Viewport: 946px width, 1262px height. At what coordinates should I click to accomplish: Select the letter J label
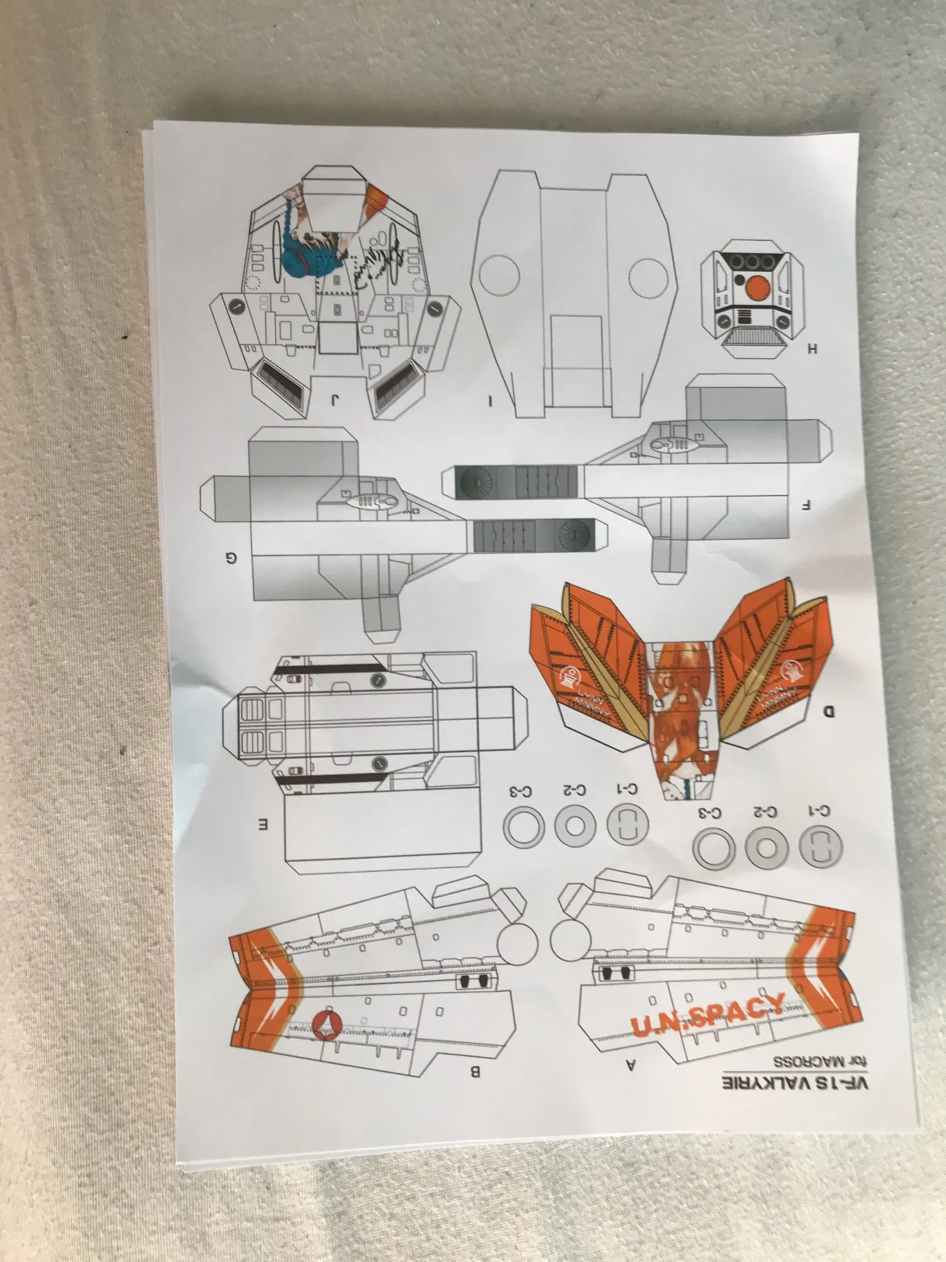[335, 399]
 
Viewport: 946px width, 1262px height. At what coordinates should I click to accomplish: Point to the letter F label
[805, 505]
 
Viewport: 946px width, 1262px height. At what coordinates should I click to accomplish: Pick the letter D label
[829, 712]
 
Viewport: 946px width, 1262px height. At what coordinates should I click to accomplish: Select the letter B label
[476, 1071]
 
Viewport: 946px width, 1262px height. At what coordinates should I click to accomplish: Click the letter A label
[630, 1065]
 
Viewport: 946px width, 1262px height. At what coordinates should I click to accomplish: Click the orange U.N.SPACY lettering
[708, 1015]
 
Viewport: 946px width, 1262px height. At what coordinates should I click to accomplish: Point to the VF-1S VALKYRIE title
[795, 1084]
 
